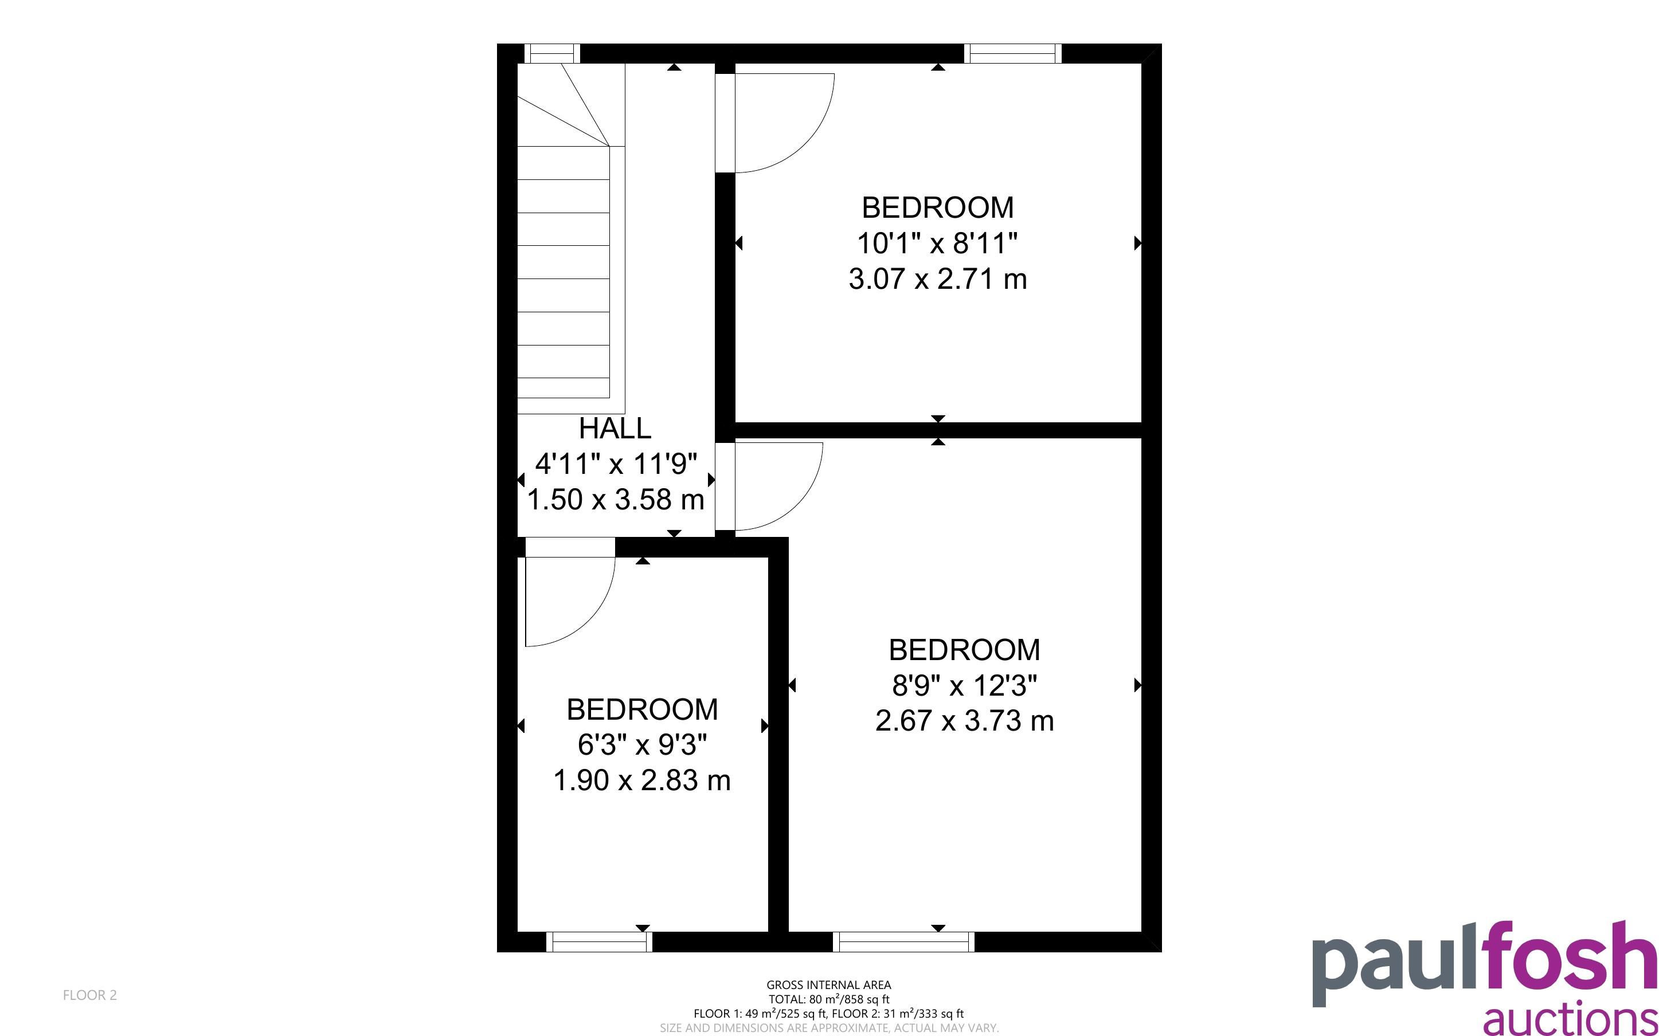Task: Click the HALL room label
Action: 615,428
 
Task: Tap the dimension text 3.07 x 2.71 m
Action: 937,279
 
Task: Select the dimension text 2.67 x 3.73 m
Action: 964,721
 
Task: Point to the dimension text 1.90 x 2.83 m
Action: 641,780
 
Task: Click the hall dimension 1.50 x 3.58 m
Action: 615,500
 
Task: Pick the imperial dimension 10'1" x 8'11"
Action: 937,243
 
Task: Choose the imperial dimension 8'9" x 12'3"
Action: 964,685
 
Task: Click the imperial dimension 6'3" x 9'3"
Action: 642,745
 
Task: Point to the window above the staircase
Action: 551,53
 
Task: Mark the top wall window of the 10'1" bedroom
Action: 1013,53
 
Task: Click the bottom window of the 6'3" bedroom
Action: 599,942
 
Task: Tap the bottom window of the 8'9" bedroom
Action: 903,942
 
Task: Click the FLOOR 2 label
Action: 90,995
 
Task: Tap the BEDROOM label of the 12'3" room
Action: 964,650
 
